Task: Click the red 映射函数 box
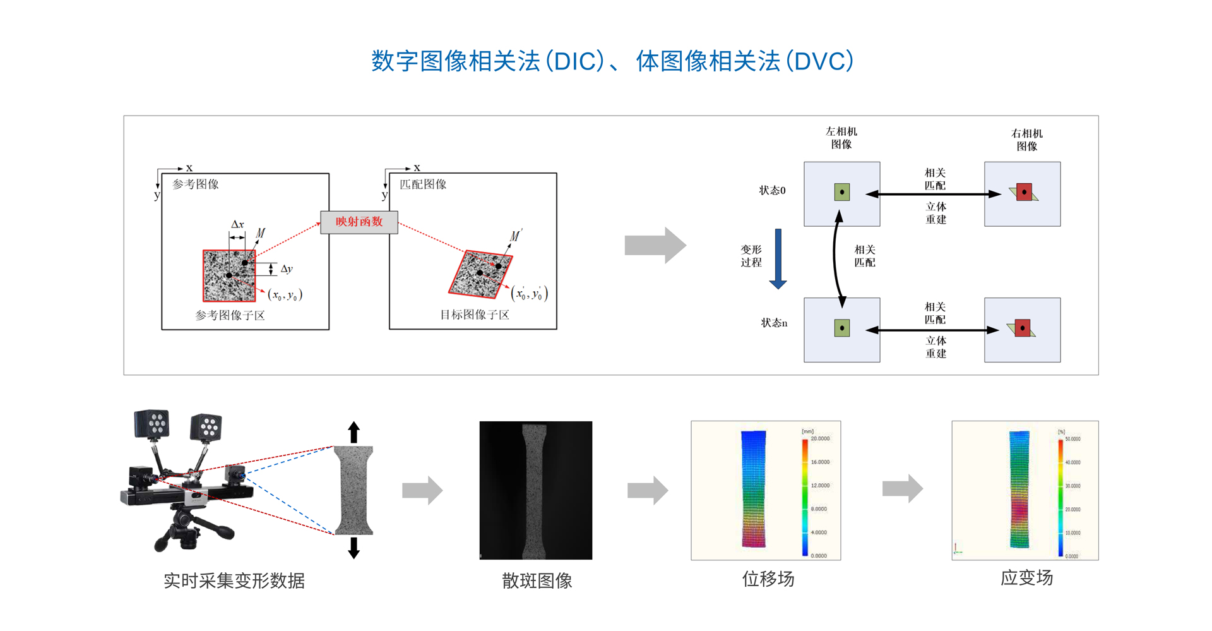[359, 222]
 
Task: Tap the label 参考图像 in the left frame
[196, 184]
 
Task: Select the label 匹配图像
[423, 184]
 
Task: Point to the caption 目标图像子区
[474, 315]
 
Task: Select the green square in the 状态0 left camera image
[841, 192]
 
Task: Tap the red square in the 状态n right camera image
[1023, 328]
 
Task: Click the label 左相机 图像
[841, 138]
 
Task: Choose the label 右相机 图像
[1026, 140]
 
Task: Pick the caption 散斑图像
[537, 580]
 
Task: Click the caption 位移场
[768, 579]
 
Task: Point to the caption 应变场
[1026, 577]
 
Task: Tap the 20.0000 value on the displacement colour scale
[820, 438]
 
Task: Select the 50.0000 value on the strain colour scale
[1072, 439]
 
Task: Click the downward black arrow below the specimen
[353, 548]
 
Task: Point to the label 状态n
[774, 323]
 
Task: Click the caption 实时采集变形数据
[234, 580]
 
